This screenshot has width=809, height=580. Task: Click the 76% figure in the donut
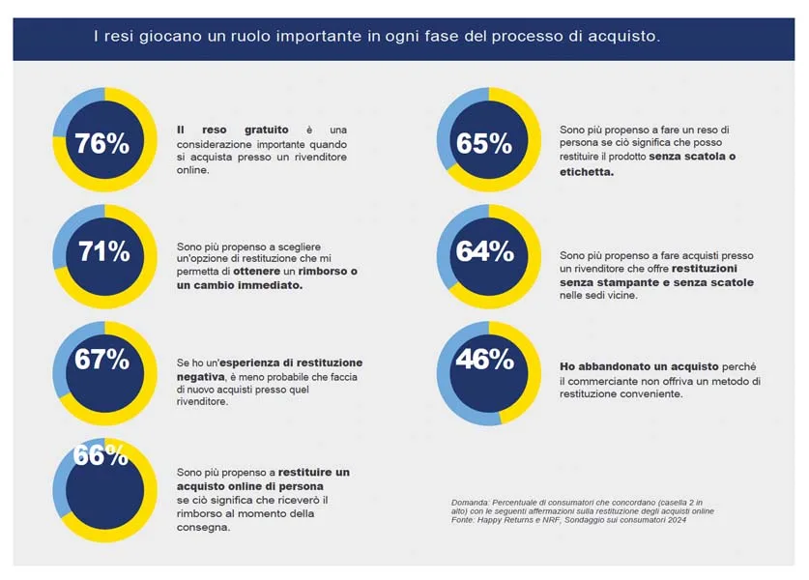tap(102, 144)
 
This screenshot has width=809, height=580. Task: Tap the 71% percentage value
tap(103, 252)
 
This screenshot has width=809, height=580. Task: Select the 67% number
tap(101, 360)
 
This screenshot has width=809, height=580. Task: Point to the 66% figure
tap(101, 455)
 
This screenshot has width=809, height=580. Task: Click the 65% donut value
tap(484, 144)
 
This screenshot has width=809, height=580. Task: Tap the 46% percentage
tap(485, 360)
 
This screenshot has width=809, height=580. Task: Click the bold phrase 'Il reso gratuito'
tap(232, 130)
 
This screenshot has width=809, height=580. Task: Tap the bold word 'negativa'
tap(198, 376)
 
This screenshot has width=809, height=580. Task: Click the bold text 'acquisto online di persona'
tap(249, 485)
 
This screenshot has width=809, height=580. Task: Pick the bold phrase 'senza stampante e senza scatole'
tap(656, 283)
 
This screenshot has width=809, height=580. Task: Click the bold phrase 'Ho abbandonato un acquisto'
tap(637, 367)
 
